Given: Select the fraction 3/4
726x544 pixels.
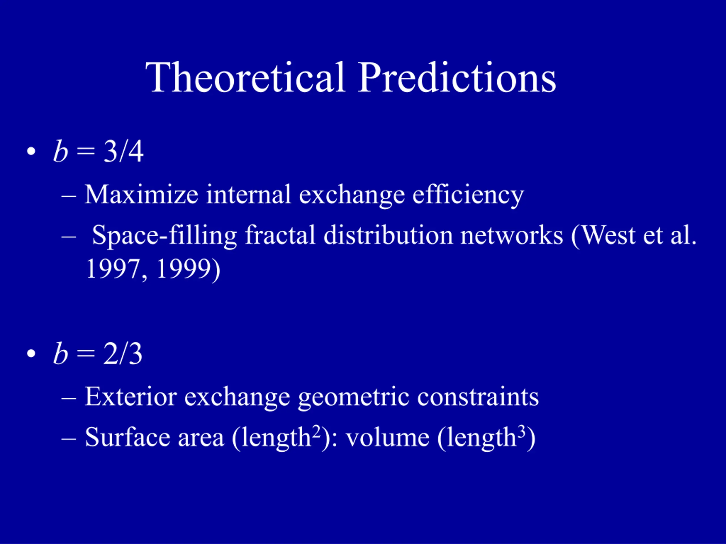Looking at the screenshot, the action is coord(123,151).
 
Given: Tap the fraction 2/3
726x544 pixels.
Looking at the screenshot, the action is coord(123,354).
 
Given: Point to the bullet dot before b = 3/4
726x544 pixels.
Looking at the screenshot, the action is coord(31,152).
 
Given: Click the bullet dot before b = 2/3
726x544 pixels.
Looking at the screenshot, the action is coord(31,354).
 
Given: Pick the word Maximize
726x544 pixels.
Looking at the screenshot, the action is coord(142,194).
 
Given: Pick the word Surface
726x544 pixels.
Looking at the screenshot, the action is coord(127,437).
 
